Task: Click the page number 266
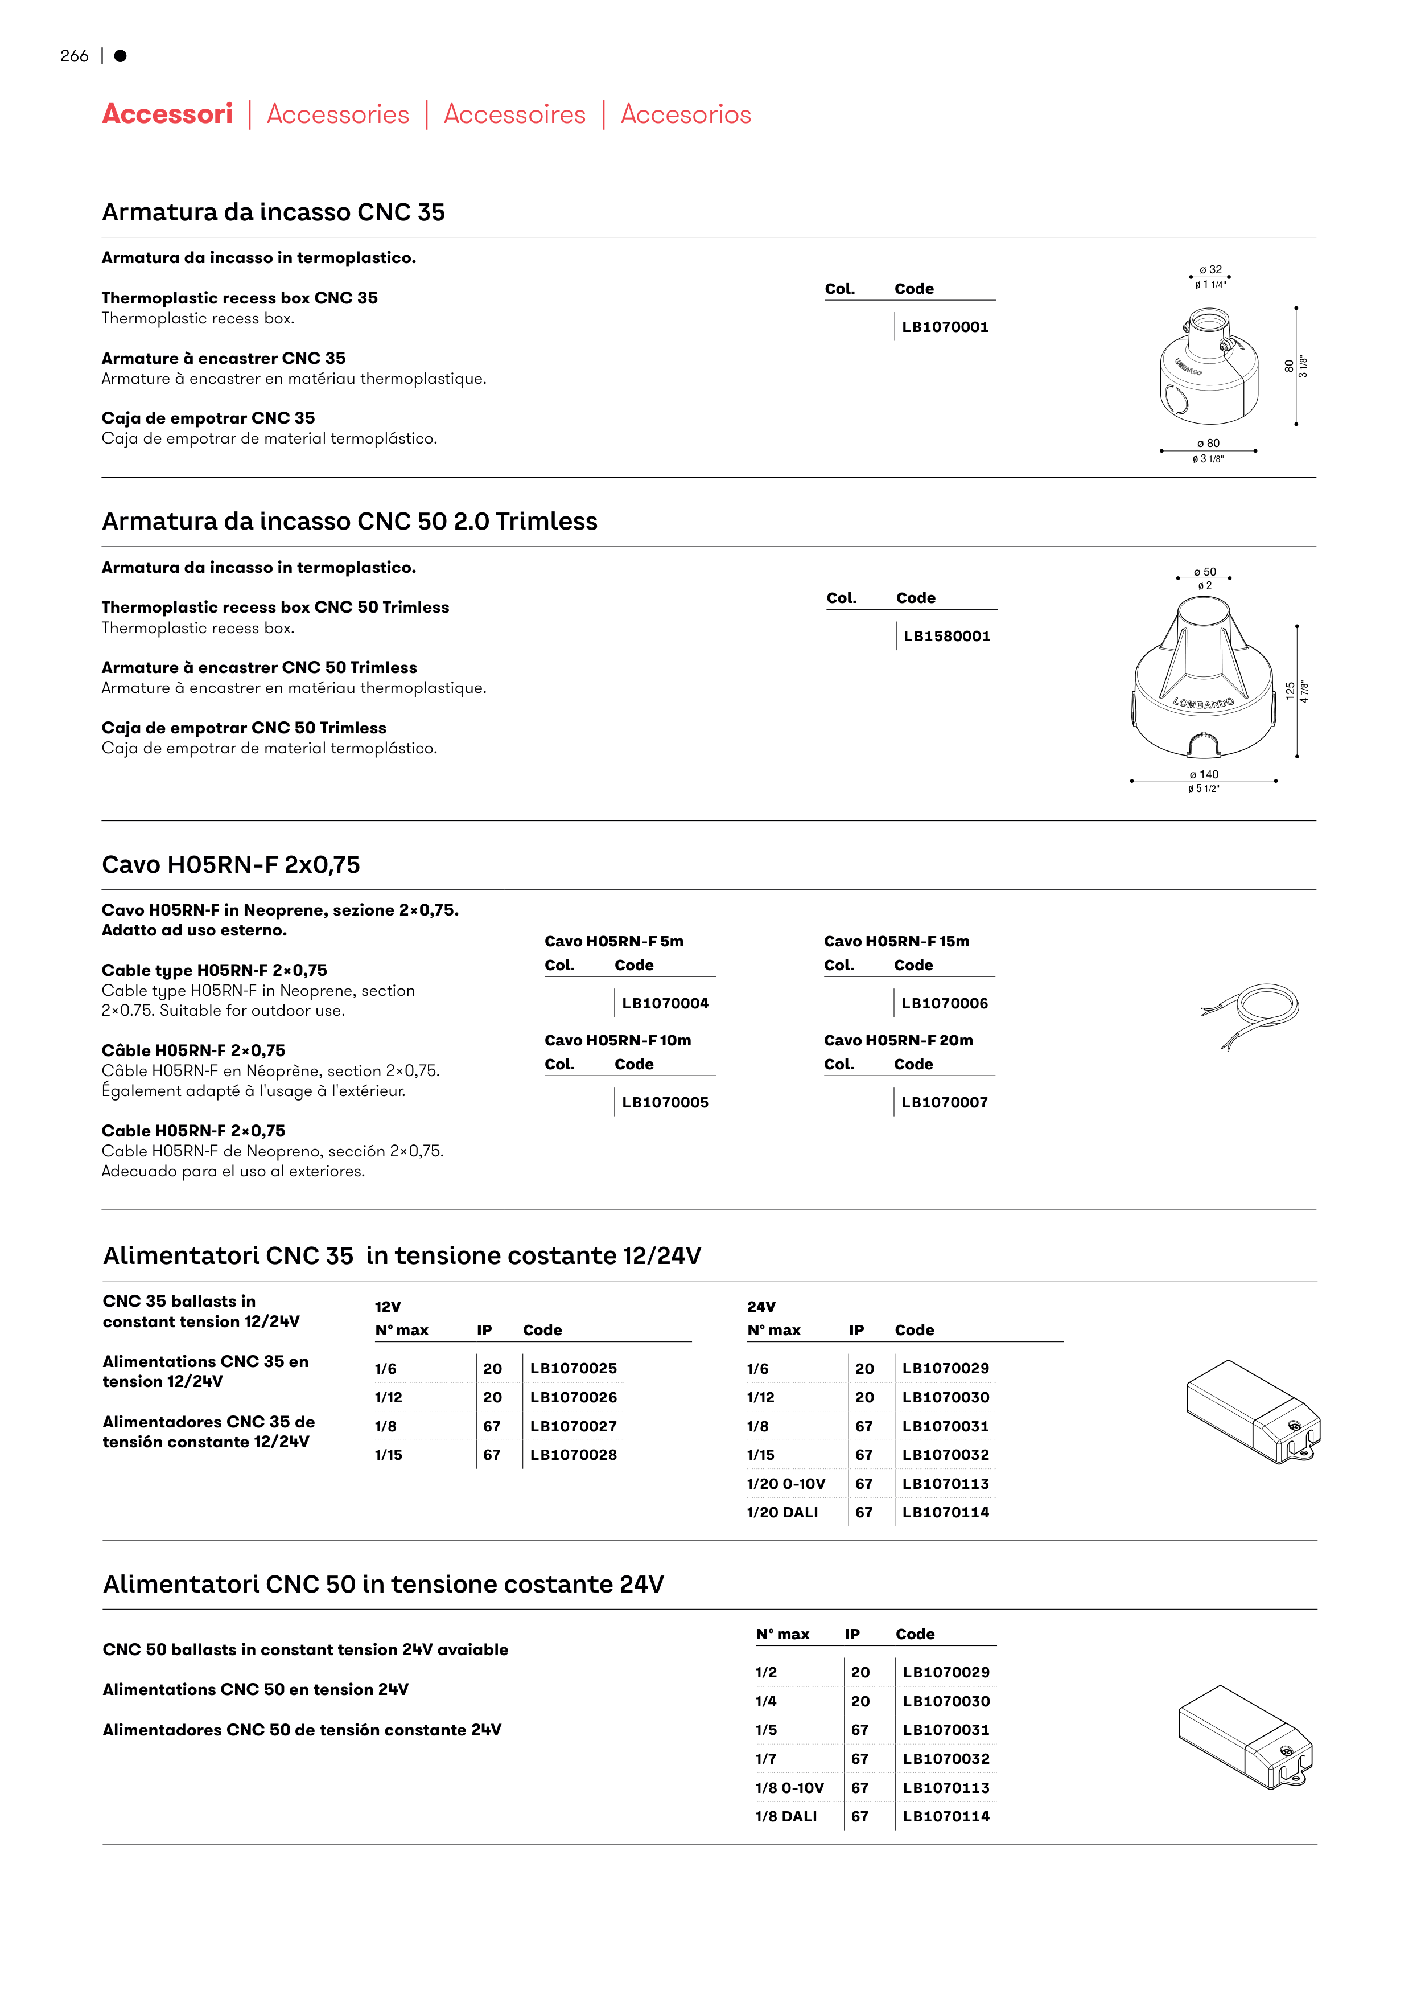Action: [x=75, y=56]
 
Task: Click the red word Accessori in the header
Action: [x=167, y=114]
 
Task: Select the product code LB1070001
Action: [x=945, y=327]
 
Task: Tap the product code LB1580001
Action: [x=946, y=636]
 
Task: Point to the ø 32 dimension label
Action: [x=1210, y=270]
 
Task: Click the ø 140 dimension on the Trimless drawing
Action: [x=1204, y=774]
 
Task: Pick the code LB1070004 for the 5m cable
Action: [x=665, y=1003]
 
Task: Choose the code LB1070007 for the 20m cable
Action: [x=944, y=1102]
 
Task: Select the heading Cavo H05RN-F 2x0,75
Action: [x=230, y=864]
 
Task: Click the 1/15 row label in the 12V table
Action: [x=389, y=1454]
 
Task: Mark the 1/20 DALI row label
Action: [x=782, y=1512]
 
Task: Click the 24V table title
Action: [x=761, y=1306]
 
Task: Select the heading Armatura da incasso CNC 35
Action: [x=273, y=212]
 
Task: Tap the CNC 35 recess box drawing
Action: [x=1210, y=366]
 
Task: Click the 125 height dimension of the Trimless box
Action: [x=1290, y=691]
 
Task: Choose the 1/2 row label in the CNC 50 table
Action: [x=766, y=1672]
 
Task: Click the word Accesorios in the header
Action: [x=686, y=114]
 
